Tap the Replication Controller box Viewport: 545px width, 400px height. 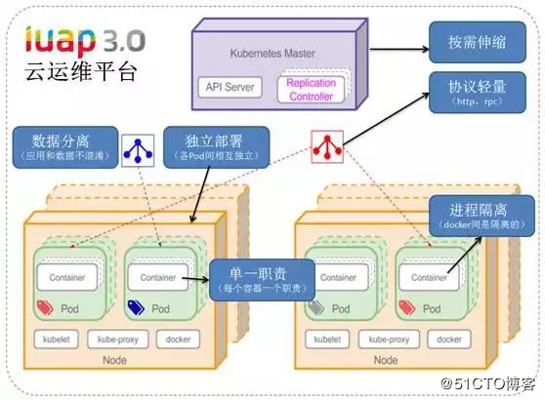pos(311,89)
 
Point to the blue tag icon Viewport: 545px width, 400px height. pos(135,308)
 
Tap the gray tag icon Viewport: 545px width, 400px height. pos(314,308)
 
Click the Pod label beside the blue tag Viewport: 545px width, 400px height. pos(159,308)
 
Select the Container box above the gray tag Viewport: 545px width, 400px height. pos(339,278)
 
